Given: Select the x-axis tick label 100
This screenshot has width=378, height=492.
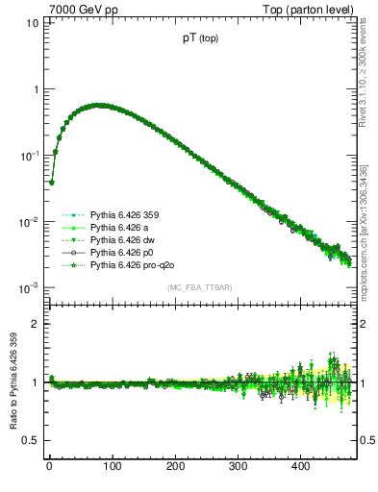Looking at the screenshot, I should (112, 467).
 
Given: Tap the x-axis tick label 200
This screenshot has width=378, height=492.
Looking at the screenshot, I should (175, 467).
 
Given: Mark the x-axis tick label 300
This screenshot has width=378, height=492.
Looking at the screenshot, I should (238, 467).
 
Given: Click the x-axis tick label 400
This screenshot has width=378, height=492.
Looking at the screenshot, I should (301, 467).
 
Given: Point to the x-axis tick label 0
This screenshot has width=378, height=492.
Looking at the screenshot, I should (49, 467).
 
